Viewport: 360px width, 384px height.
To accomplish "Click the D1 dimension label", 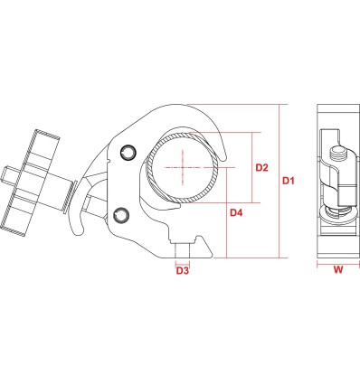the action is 288,181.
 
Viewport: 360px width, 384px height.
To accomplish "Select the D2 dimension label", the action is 261,167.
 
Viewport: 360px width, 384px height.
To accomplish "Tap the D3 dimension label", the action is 183,270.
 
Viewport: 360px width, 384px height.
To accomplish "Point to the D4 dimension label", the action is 236,213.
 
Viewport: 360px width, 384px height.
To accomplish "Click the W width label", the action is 338,269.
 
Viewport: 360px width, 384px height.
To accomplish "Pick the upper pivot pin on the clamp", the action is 128,152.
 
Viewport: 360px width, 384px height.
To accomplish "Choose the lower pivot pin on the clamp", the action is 122,215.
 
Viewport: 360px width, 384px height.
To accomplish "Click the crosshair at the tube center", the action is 183,167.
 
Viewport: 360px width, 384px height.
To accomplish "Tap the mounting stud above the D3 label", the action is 183,251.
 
